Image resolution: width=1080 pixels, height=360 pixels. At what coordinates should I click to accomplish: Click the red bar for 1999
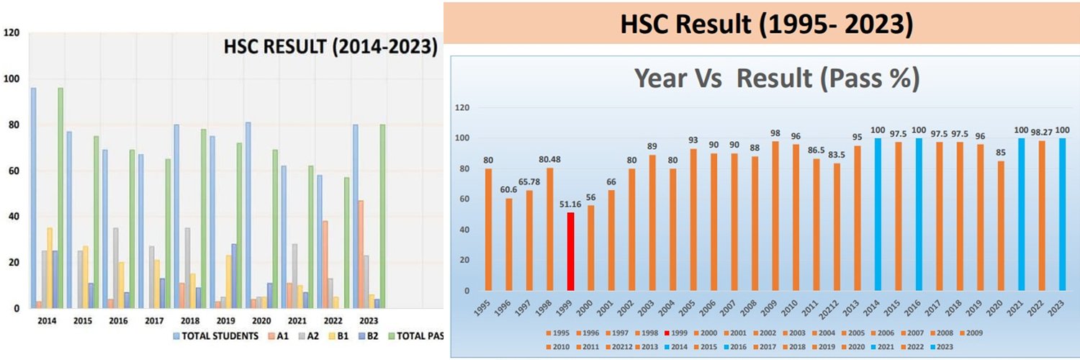571,251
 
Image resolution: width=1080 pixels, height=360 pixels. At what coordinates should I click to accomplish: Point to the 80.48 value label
550,160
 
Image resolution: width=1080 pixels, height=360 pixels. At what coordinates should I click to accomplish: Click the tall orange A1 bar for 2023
361,254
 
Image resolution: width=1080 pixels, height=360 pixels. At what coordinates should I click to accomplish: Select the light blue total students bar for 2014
33,198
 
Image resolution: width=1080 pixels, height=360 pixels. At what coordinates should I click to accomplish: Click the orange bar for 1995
489,230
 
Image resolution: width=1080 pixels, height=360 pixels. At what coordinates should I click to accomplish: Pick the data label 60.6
509,190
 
